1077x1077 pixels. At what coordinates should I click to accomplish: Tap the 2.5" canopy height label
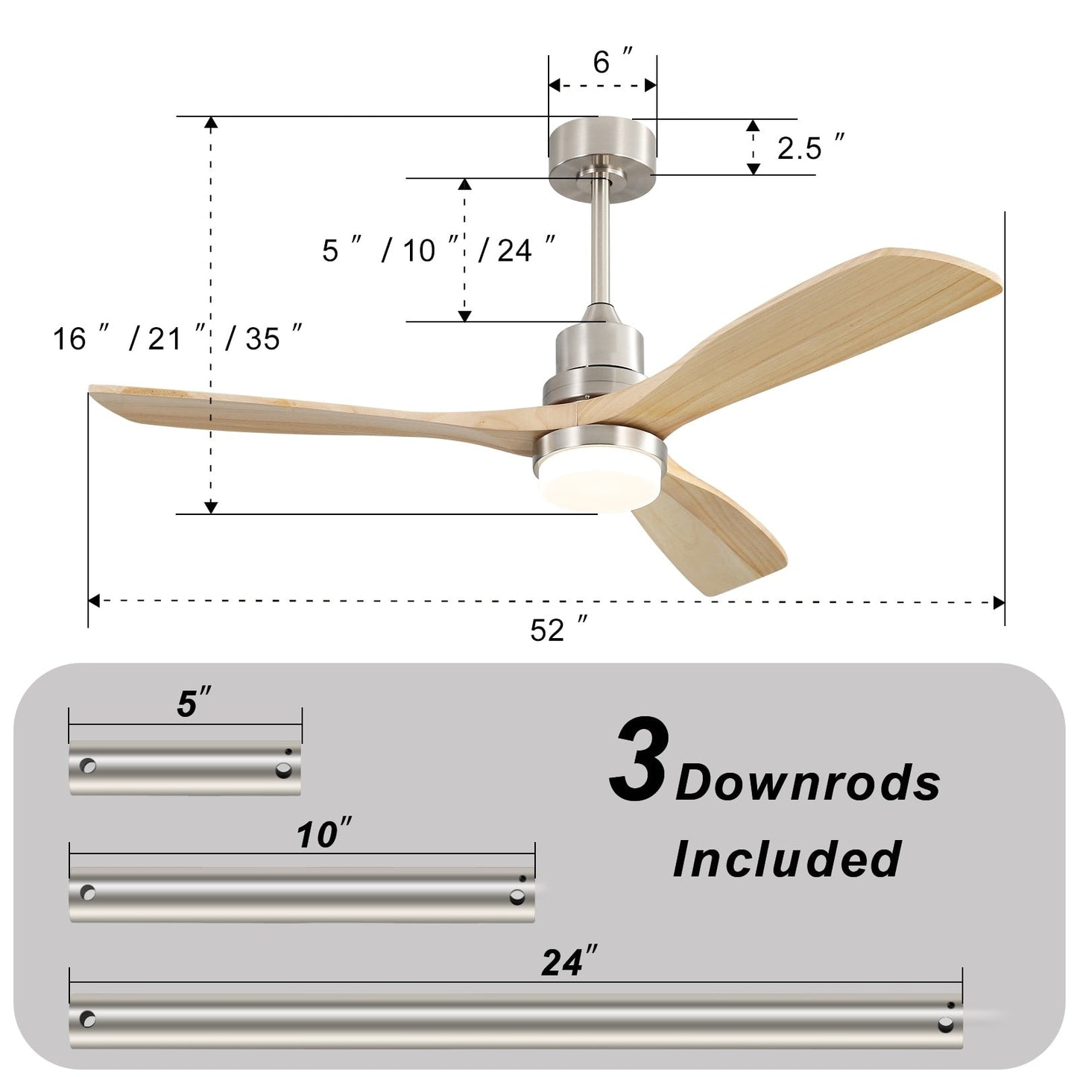pyautogui.click(x=810, y=148)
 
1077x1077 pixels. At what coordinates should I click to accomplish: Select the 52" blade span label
pyautogui.click(x=558, y=631)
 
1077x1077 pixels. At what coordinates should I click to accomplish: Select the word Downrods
pyautogui.click(x=807, y=783)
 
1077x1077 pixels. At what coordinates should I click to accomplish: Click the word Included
pyautogui.click(x=786, y=859)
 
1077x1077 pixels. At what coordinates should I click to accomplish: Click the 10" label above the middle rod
pyautogui.click(x=323, y=834)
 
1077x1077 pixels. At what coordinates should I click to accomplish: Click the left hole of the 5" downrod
pyautogui.click(x=89, y=765)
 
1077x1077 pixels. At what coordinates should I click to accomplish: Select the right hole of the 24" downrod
pyautogui.click(x=946, y=1024)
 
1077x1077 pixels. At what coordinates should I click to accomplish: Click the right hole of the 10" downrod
pyautogui.click(x=517, y=897)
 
